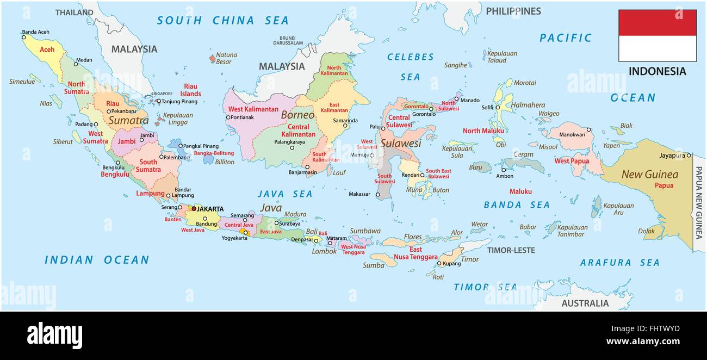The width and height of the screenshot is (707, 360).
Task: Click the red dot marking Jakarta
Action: [x=194, y=208]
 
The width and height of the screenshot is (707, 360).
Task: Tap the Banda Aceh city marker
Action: [x=24, y=38]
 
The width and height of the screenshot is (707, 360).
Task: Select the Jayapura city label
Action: [x=672, y=156]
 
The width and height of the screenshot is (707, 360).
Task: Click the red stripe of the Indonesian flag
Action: [x=657, y=23]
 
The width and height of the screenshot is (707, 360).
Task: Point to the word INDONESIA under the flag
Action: [x=657, y=71]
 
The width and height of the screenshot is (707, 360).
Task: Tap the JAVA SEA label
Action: [x=285, y=194]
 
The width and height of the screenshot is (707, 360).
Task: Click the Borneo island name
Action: [x=297, y=115]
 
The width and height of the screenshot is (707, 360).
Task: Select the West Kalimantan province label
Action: [x=253, y=109]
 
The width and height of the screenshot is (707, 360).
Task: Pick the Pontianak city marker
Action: [x=228, y=117]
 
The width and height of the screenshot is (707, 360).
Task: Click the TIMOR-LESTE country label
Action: [x=511, y=250]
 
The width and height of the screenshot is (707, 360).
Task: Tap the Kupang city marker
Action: [x=439, y=264]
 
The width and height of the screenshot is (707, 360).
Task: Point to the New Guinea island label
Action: [x=650, y=175]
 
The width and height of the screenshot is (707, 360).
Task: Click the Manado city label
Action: [x=470, y=100]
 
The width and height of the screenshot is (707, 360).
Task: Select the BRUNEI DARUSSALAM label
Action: [x=288, y=40]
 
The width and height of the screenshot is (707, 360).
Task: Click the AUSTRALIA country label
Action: [x=585, y=303]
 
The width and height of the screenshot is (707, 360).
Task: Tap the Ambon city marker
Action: [x=504, y=170]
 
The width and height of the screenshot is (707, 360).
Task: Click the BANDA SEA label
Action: [x=516, y=205]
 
